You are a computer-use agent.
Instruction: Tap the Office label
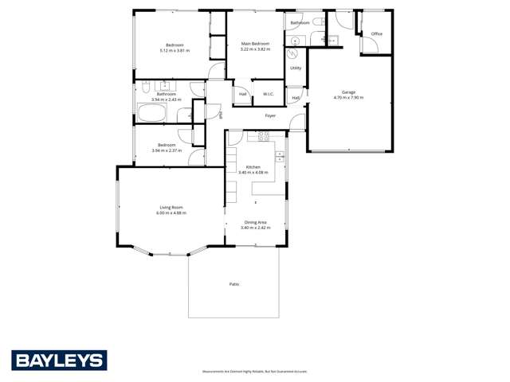point(377,34)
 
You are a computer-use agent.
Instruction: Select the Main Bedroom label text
point(255,44)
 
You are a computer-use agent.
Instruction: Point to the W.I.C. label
point(269,95)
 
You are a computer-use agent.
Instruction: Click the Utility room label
point(296,68)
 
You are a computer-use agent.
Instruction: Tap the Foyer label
point(270,116)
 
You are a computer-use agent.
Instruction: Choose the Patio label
point(234,283)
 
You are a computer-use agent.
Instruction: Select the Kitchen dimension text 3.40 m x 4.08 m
point(253,172)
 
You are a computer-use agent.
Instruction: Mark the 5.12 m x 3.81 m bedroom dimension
point(175,50)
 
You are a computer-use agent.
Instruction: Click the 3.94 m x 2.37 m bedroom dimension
point(167,150)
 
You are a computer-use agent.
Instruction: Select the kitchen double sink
point(280,156)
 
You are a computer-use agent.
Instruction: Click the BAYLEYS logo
point(59,361)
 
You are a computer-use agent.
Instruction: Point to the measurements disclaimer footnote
point(254,372)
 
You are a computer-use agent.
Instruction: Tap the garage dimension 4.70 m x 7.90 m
point(348,98)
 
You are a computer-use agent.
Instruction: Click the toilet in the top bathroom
point(317,21)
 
